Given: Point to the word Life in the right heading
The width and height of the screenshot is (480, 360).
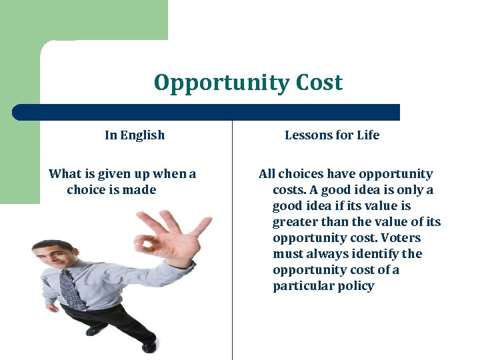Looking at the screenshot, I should pyautogui.click(x=367, y=135).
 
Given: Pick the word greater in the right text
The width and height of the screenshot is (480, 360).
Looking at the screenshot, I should pyautogui.click(x=295, y=222).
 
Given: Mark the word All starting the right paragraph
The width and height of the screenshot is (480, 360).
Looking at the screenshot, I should pyautogui.click(x=267, y=174).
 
